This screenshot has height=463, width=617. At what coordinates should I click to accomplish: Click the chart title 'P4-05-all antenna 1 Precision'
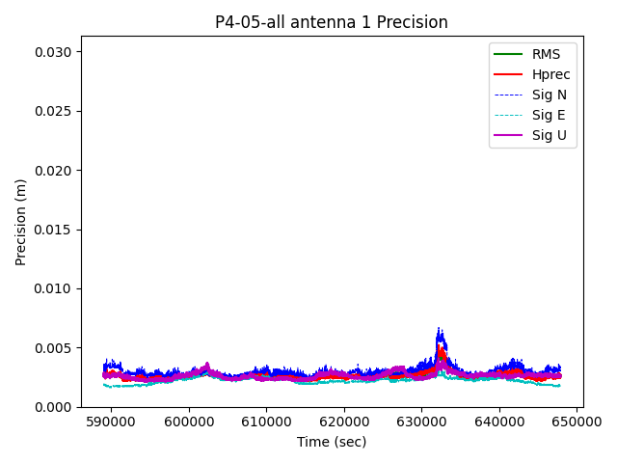click(332, 22)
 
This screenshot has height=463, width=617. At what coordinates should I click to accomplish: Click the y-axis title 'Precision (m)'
click(21, 222)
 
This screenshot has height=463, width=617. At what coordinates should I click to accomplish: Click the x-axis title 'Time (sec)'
click(332, 442)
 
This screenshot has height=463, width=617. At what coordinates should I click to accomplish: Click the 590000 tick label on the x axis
click(111, 422)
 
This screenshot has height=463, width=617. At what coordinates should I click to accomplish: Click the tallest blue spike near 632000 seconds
click(439, 330)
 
